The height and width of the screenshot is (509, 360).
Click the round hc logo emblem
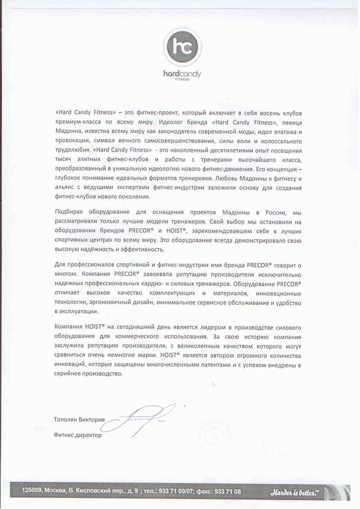[x=182, y=47]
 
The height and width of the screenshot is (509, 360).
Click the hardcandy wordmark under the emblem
[x=182, y=74]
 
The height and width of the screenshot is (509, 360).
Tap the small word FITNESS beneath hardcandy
[x=182, y=79]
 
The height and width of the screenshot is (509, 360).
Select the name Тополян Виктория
[x=79, y=420]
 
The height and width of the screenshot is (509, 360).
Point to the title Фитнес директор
[x=78, y=435]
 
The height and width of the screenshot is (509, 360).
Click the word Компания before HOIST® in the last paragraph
[x=68, y=327]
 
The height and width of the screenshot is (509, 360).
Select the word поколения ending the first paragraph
[x=136, y=197]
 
